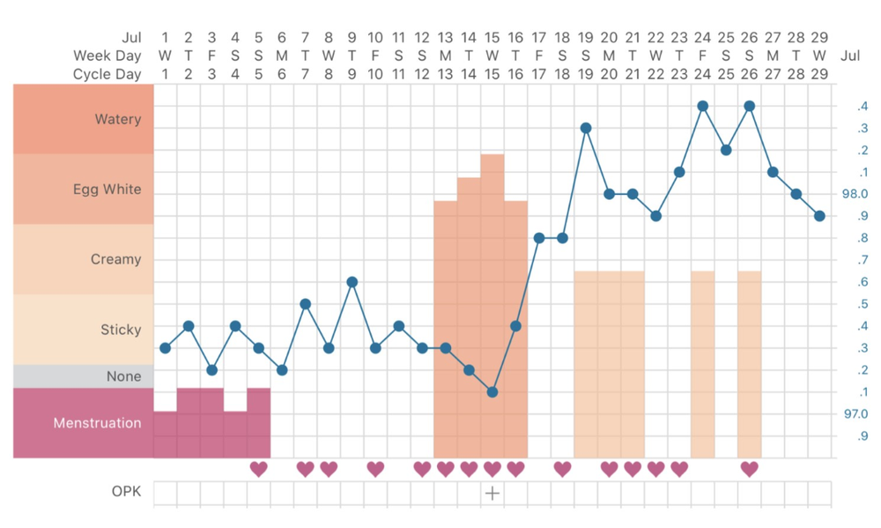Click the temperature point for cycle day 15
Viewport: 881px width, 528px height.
pos(492,392)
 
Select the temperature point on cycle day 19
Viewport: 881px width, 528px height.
pos(586,128)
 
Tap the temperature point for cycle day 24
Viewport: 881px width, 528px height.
pos(703,106)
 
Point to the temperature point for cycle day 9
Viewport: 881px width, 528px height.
pos(352,282)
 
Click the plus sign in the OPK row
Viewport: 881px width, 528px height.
pos(492,494)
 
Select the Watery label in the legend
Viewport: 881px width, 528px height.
pos(118,119)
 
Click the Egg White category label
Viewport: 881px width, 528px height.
pos(107,190)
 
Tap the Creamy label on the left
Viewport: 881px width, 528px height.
pos(115,259)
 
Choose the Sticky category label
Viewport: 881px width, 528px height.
pos(121,330)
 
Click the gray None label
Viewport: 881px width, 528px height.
pos(123,376)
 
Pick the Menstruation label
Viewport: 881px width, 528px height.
pos(97,423)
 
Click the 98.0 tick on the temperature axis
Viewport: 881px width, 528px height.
pos(855,194)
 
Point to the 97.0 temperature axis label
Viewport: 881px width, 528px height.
pos(855,413)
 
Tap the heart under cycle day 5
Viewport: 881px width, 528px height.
pos(258,469)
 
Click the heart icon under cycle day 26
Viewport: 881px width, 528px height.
pos(750,469)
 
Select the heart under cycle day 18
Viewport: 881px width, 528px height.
pos(562,469)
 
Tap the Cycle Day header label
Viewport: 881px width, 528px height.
pos(107,74)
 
